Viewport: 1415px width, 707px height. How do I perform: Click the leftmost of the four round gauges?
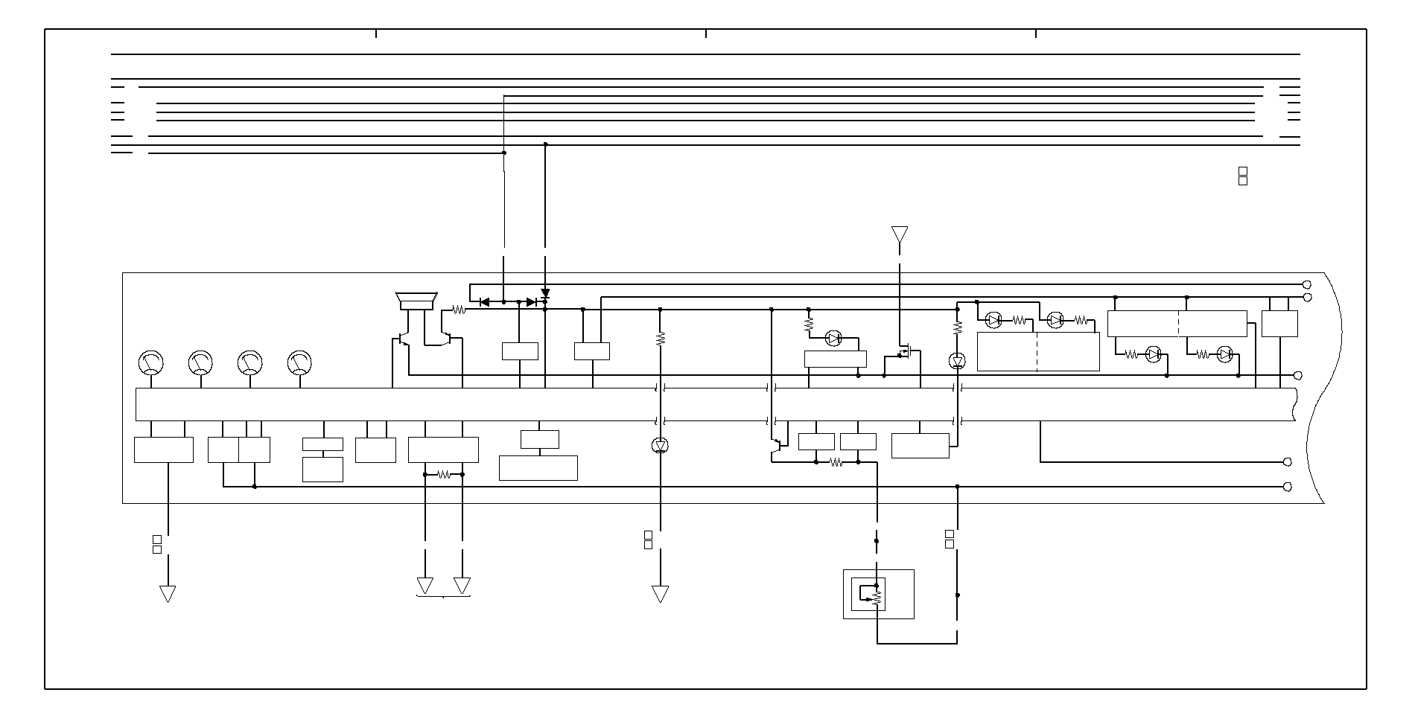151,362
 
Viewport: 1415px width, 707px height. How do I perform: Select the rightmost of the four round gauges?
299,362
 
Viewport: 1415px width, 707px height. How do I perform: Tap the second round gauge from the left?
200,362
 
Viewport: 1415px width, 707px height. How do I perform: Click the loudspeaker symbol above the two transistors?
416,301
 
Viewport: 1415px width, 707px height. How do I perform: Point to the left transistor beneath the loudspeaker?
403,339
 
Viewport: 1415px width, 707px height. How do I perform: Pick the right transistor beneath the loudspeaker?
447,339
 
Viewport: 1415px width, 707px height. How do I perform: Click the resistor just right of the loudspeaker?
459,310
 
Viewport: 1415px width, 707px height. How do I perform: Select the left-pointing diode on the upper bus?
484,301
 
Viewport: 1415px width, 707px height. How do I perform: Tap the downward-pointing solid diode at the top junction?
545,294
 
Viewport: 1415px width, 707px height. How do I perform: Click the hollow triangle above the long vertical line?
900,234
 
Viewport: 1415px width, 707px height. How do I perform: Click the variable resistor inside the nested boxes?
877,595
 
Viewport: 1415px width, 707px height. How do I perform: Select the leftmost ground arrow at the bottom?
168,593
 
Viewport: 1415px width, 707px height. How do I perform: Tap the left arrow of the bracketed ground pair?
424,586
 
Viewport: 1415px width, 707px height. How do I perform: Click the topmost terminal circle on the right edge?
1306,285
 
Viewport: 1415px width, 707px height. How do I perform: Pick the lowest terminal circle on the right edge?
1288,487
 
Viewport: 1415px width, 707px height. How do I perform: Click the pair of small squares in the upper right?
1242,176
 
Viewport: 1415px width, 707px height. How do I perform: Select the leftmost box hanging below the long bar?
163,450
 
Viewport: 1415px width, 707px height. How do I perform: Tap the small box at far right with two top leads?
1279,324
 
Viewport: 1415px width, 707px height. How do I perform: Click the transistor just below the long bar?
775,446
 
